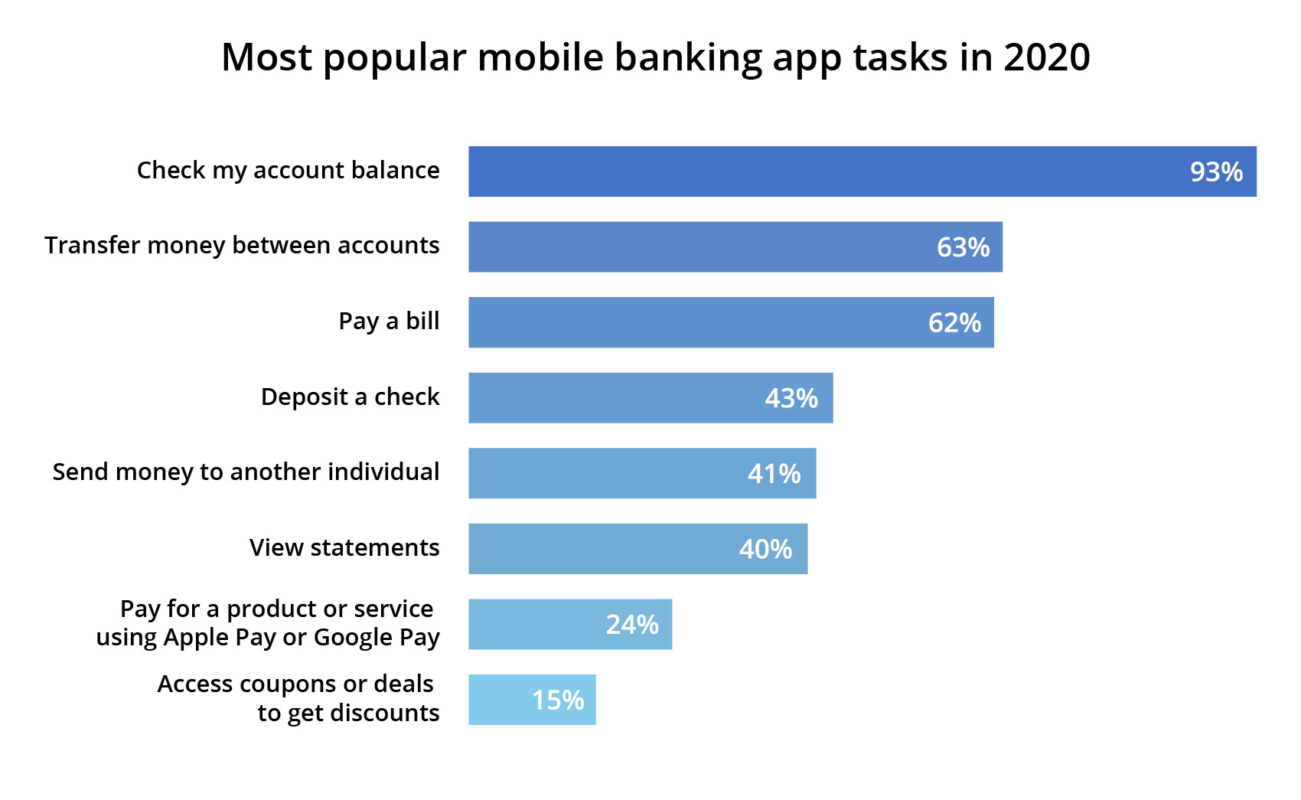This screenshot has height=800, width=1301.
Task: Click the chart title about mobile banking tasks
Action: coord(655,57)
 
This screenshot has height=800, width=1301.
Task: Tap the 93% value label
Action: coord(1215,172)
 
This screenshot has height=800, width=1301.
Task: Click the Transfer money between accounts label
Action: coord(242,246)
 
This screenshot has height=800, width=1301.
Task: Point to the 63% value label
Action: coord(963,247)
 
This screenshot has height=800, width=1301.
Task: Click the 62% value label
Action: coord(954,323)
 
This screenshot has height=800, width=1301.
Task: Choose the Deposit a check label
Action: coord(350,397)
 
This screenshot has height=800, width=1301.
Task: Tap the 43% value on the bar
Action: coord(791,398)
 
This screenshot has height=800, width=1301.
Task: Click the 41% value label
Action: coord(774,474)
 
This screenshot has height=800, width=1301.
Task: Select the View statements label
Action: coord(344,548)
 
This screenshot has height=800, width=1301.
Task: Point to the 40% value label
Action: coord(765,549)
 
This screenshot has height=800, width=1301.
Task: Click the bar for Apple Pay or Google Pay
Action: coord(536,625)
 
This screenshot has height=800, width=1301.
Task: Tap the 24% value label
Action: coord(632,625)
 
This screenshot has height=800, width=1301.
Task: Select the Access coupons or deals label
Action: coord(298,698)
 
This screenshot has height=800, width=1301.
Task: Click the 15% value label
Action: coord(558,700)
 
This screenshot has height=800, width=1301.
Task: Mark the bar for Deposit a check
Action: coord(612,398)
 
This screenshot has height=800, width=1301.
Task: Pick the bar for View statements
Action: coord(597,549)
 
